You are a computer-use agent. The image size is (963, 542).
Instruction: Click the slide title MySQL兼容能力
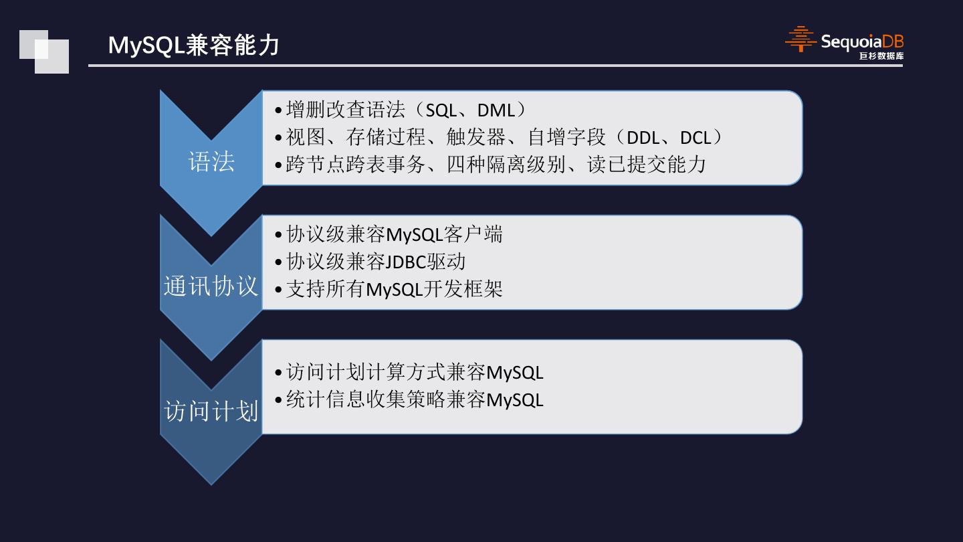(193, 45)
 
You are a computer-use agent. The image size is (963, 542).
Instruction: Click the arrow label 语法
(211, 162)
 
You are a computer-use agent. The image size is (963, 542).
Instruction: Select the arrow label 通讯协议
(211, 286)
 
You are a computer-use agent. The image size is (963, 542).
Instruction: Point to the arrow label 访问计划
(211, 411)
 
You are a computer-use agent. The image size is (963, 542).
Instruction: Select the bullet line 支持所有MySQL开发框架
(394, 289)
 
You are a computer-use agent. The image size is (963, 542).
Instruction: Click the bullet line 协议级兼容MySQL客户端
(394, 235)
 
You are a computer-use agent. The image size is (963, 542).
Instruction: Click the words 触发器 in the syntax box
(475, 138)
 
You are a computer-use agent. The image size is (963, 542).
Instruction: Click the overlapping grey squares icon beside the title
(44, 52)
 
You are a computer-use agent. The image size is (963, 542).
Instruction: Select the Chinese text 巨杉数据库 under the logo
(881, 56)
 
